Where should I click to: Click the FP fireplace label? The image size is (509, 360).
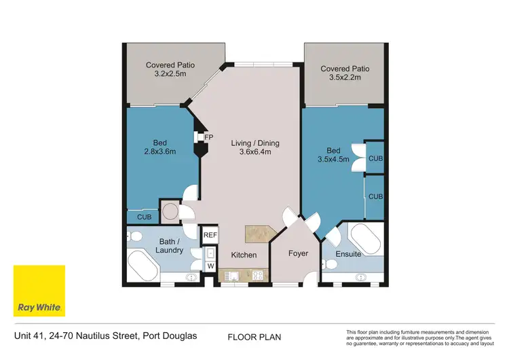pyautogui.click(x=209, y=137)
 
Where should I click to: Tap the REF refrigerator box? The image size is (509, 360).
pyautogui.click(x=210, y=234)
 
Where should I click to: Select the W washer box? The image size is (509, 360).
pyautogui.click(x=210, y=266)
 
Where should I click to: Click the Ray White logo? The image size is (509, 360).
pyautogui.click(x=39, y=291)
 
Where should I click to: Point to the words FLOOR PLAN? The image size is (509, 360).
pyautogui.click(x=254, y=337)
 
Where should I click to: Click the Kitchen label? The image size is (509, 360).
pyautogui.click(x=244, y=255)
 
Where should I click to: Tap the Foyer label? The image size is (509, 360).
pyautogui.click(x=298, y=253)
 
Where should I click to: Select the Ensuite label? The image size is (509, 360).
pyautogui.click(x=347, y=254)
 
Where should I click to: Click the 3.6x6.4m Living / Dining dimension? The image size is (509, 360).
pyautogui.click(x=255, y=153)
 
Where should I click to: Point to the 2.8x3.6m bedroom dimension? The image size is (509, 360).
pyautogui.click(x=160, y=151)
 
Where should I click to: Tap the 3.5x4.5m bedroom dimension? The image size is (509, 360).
pyautogui.click(x=333, y=160)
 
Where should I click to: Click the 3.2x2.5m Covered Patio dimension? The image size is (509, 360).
pyautogui.click(x=170, y=75)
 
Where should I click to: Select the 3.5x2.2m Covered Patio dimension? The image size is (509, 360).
pyautogui.click(x=345, y=78)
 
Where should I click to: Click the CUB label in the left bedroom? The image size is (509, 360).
pyautogui.click(x=144, y=217)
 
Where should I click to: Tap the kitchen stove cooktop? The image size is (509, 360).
pyautogui.click(x=258, y=276)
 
